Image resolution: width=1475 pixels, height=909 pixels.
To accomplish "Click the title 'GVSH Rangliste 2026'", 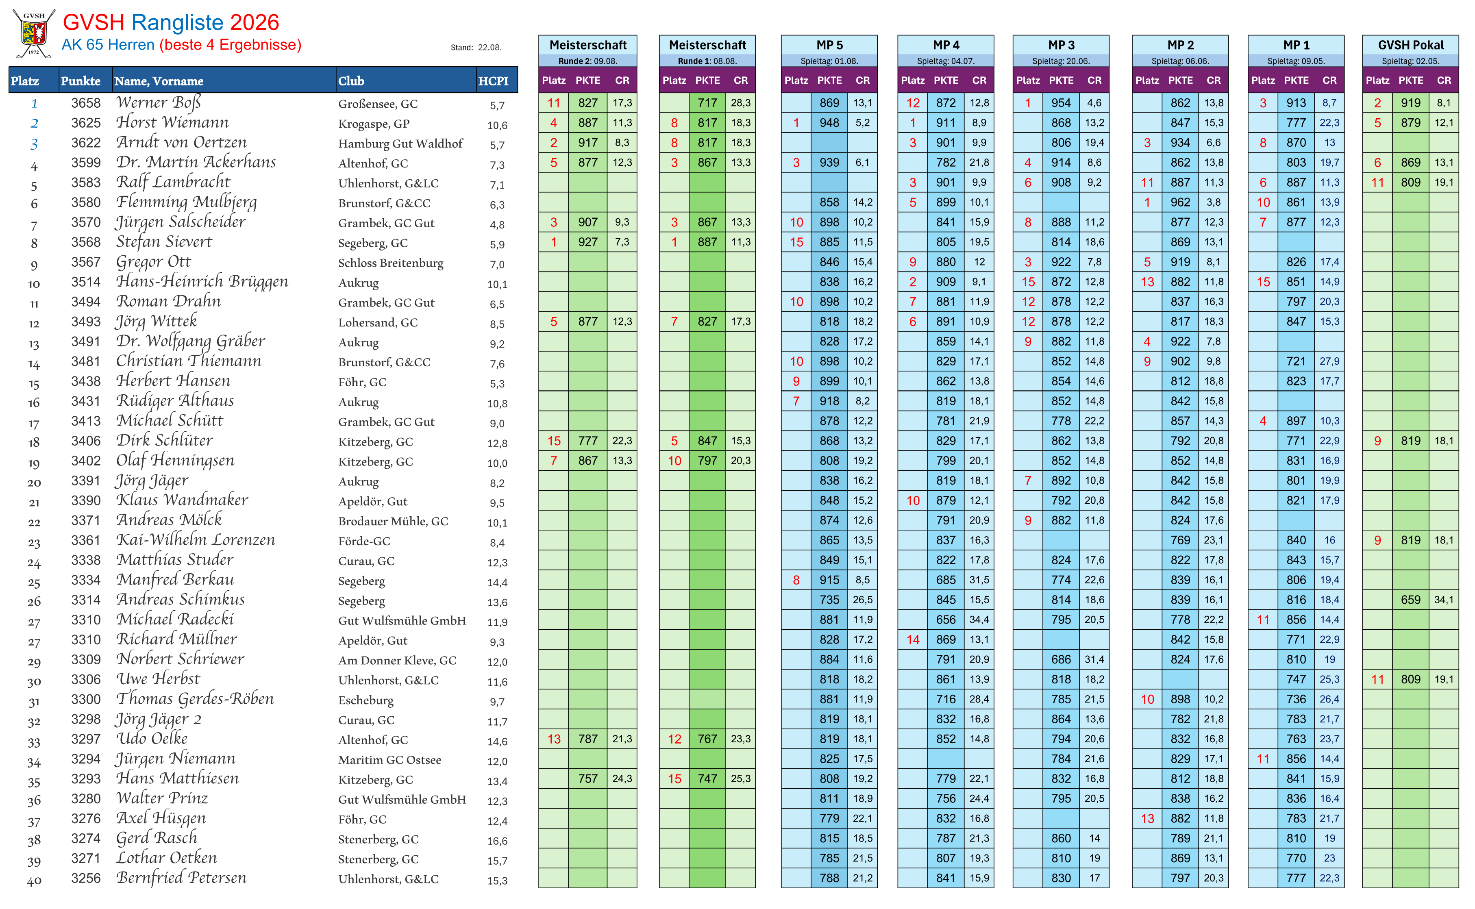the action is [x=171, y=22].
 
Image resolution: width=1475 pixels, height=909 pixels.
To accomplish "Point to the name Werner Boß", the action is [x=159, y=103].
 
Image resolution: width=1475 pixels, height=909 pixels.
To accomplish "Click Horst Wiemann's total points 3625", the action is [x=86, y=123].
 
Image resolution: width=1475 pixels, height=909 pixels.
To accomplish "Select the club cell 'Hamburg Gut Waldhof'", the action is [x=400, y=144].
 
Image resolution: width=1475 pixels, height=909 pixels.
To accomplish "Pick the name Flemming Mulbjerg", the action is [x=186, y=202].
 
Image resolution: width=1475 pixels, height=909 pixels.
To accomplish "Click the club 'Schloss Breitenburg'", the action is [x=391, y=263].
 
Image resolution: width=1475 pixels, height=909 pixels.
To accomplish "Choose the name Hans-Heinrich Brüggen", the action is [x=202, y=282].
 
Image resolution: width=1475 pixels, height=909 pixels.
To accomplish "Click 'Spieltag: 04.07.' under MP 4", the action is [x=946, y=61].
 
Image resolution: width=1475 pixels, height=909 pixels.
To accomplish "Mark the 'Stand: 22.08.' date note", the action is [x=476, y=48].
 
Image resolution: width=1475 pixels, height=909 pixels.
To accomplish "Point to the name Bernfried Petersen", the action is [x=181, y=879].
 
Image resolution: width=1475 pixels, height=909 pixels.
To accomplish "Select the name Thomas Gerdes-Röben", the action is [x=195, y=699].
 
